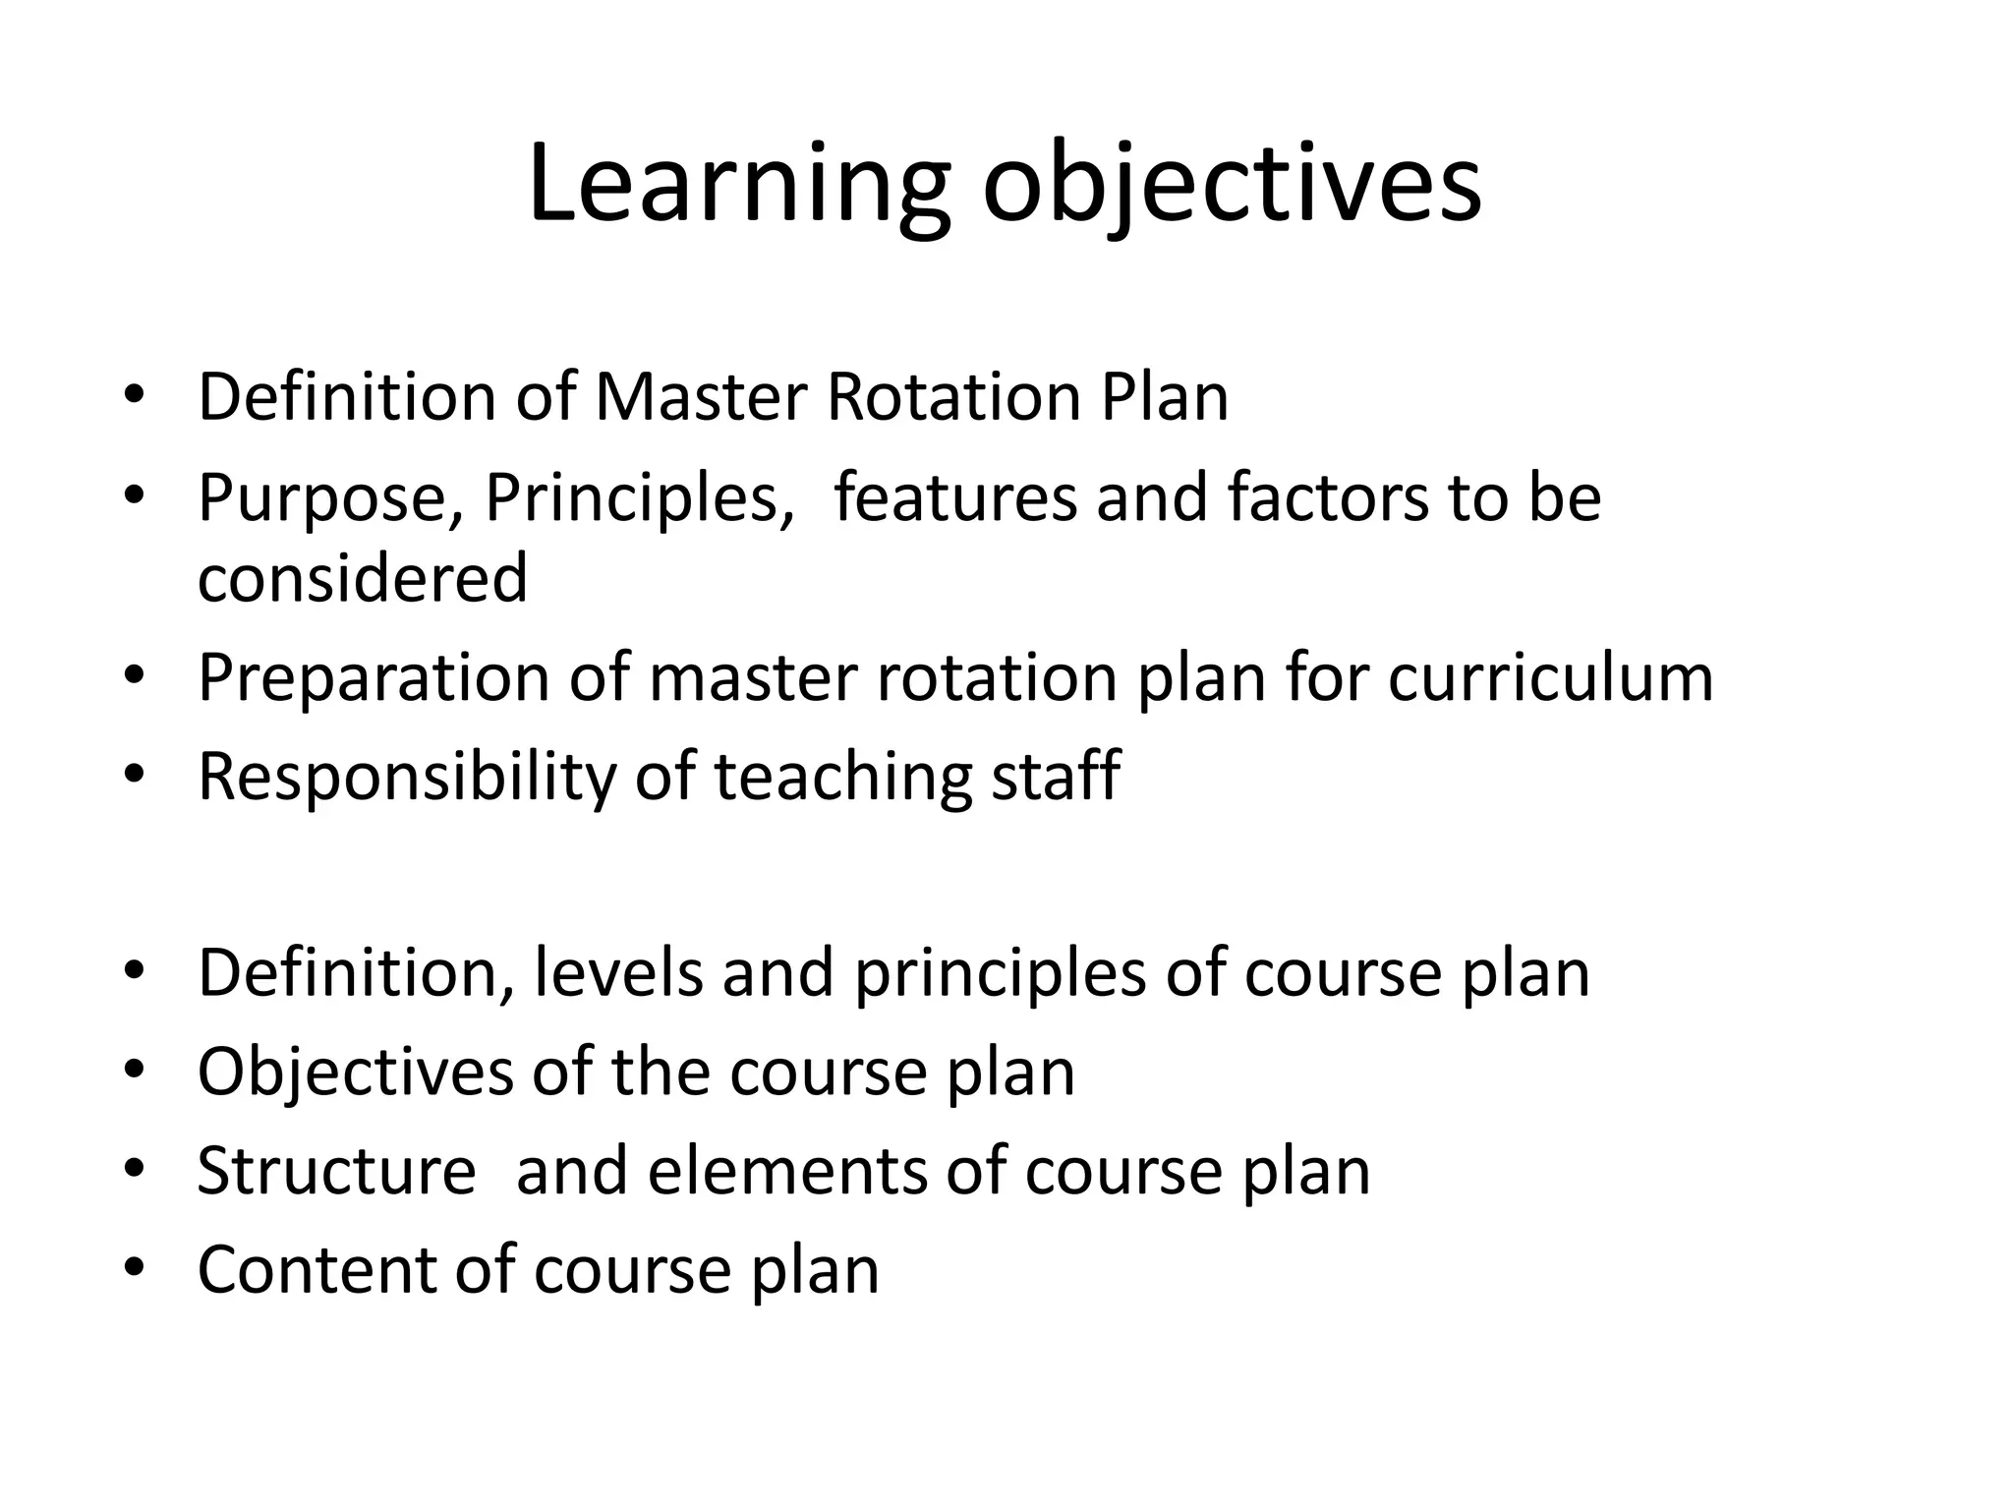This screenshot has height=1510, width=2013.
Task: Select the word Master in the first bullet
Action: coord(701,397)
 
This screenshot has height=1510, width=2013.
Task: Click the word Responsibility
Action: coord(406,778)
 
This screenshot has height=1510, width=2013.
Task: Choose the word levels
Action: coord(618,973)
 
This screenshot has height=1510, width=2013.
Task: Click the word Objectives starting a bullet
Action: coord(355,1072)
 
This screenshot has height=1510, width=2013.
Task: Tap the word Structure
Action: coord(336,1171)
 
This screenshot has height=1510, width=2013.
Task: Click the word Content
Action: coord(316,1270)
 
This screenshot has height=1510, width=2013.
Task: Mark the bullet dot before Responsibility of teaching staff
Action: coord(135,776)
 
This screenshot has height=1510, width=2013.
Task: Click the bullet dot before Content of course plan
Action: coord(135,1268)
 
